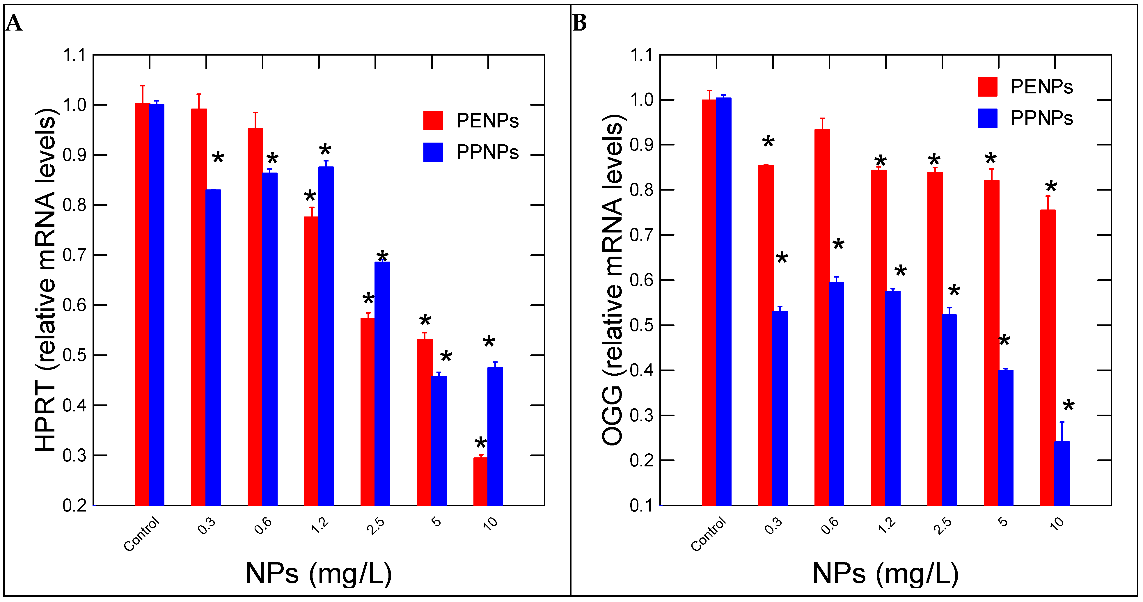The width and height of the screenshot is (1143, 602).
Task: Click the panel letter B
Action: pyautogui.click(x=579, y=23)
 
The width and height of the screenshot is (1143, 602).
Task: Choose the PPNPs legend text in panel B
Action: pyautogui.click(x=1041, y=118)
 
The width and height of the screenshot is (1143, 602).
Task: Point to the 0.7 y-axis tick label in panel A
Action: pyautogui.click(x=74, y=255)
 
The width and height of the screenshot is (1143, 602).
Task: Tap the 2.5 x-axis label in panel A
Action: pyautogui.click(x=376, y=526)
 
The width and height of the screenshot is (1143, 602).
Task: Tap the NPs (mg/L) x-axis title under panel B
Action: pyautogui.click(x=885, y=573)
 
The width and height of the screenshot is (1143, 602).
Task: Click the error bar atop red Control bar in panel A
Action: pyautogui.click(x=142, y=94)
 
